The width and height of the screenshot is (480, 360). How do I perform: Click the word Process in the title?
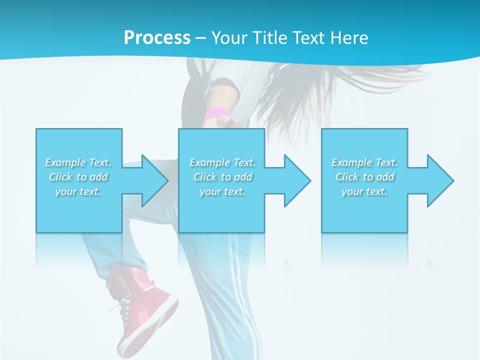point(157,38)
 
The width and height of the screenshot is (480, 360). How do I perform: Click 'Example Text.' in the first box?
point(78,162)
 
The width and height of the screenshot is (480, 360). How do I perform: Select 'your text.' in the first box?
point(78,191)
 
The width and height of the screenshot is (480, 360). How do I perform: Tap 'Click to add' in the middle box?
point(222,177)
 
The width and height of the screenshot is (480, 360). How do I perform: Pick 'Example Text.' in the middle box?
point(222,162)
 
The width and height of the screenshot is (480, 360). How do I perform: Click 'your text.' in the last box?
point(364,191)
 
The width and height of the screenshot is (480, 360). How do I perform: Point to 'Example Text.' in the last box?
point(364,162)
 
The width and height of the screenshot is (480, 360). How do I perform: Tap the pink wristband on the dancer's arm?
point(215,114)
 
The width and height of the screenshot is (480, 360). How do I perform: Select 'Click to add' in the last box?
point(364,177)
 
